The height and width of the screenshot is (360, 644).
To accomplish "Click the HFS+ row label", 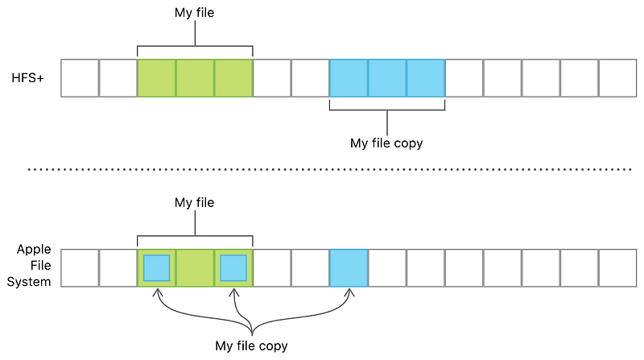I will (29, 78).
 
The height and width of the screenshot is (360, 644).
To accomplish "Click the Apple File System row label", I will (34, 266).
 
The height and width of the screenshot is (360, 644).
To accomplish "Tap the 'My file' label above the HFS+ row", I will (194, 14).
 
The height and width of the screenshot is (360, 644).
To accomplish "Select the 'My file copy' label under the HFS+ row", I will (386, 143).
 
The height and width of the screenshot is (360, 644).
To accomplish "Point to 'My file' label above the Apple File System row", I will (194, 203).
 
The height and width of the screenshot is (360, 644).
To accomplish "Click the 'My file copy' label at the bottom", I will (251, 346).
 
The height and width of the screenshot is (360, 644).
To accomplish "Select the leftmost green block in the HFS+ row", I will (157, 78).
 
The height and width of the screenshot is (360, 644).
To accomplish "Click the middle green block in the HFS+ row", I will (195, 78).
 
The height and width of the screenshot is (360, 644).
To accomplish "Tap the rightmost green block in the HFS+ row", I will (233, 78).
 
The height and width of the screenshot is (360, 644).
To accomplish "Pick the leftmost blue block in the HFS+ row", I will (349, 78).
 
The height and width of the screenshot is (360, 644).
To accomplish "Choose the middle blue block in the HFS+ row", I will (387, 78).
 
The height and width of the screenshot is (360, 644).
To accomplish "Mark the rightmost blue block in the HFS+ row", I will (426, 78).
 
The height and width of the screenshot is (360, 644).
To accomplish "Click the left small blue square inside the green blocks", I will (157, 267).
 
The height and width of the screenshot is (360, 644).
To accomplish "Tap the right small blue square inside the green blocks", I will (233, 267).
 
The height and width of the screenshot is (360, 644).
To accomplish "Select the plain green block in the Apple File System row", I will (195, 267).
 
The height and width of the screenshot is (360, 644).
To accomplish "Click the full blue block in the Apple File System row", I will (349, 267).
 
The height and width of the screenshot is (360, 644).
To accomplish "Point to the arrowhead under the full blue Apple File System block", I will (349, 293).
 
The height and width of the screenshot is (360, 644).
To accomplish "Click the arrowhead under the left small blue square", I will (157, 293).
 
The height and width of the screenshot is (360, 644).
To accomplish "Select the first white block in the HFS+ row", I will (80, 78).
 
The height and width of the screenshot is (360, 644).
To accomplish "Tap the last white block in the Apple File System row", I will (618, 267).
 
